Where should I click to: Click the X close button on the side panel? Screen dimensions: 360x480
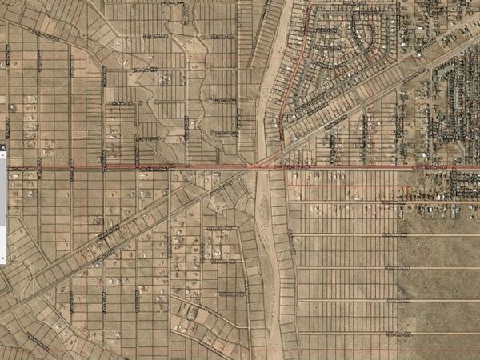coord(2,148)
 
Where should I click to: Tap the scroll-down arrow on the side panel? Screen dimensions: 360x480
coord(2,258)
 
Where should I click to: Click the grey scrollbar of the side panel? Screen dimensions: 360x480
coord(2,200)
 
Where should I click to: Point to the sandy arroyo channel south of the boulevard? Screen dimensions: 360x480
coord(269,264)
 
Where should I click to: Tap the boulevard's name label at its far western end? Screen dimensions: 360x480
coord(24,167)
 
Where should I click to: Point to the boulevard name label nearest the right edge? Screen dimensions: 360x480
coord(428,167)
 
